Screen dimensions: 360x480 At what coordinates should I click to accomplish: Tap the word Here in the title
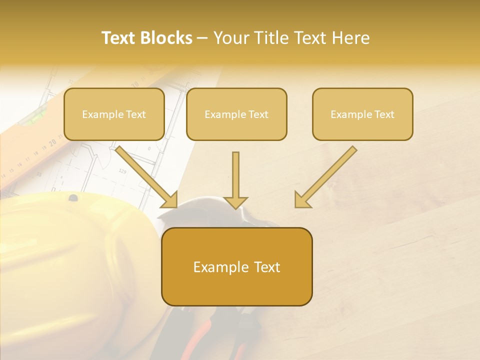pyautogui.click(x=349, y=38)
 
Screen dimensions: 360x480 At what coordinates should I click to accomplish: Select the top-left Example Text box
pyautogui.click(x=114, y=114)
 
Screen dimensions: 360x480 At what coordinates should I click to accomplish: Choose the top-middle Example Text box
pyautogui.click(x=236, y=114)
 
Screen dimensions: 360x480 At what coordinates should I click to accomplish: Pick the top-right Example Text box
pyautogui.click(x=362, y=114)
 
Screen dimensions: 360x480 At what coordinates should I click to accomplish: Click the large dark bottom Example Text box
pyautogui.click(x=236, y=266)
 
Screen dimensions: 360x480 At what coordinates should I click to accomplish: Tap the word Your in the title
pyautogui.click(x=231, y=38)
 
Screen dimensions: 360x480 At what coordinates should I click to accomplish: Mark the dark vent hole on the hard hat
pyautogui.click(x=73, y=198)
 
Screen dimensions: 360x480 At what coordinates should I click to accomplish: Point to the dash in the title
pyautogui.click(x=203, y=38)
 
